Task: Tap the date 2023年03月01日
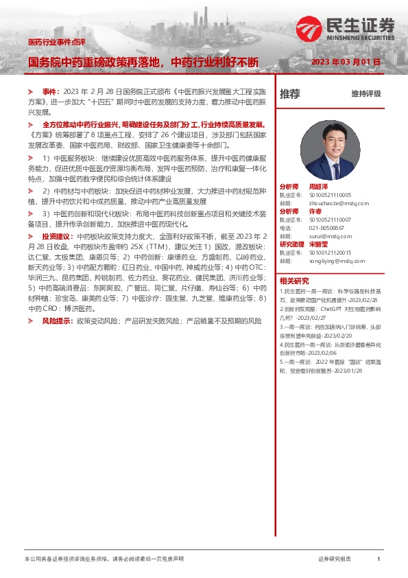346,62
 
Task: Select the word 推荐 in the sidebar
290,94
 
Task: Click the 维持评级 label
366,94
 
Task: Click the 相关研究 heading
294,280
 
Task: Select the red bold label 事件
51,91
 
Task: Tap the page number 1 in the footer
378,559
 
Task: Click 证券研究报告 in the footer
335,559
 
